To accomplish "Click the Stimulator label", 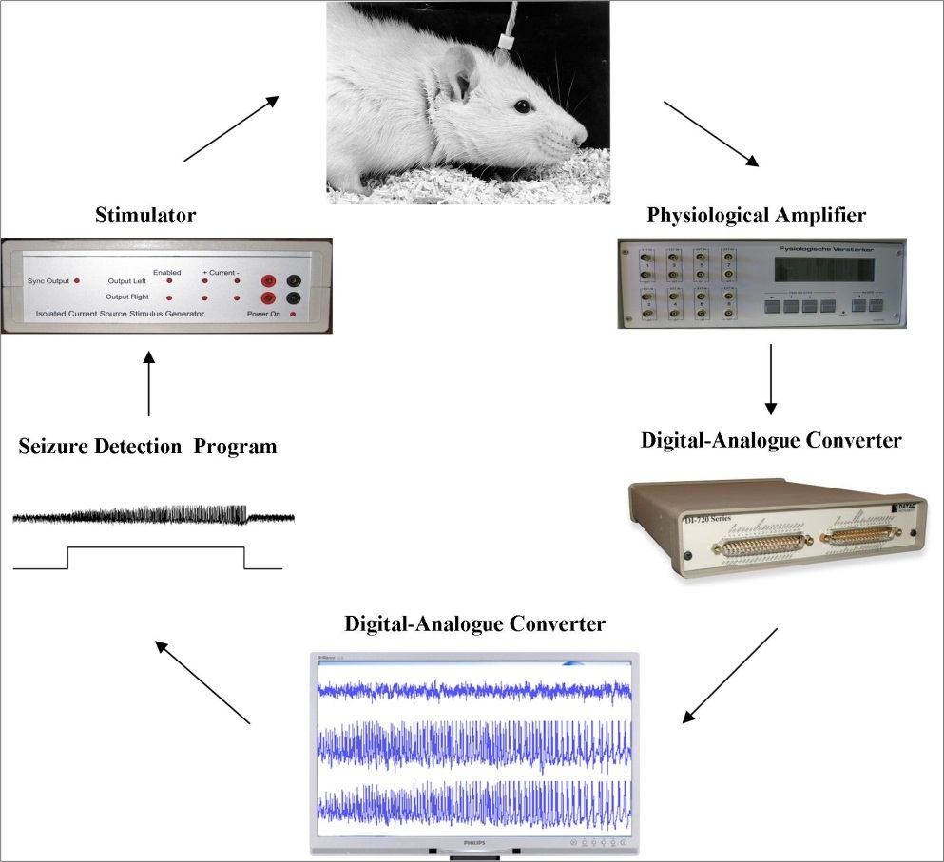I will tap(145, 216).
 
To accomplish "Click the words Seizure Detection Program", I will tap(148, 446).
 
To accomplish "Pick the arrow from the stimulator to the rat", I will tap(231, 128).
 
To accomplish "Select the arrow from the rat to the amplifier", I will tap(711, 132).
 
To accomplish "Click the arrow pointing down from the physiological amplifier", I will tap(770, 379).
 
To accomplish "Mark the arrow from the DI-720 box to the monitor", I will tap(731, 676).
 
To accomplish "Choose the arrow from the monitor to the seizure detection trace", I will tap(203, 681).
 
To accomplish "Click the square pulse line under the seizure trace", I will tap(156, 548).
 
